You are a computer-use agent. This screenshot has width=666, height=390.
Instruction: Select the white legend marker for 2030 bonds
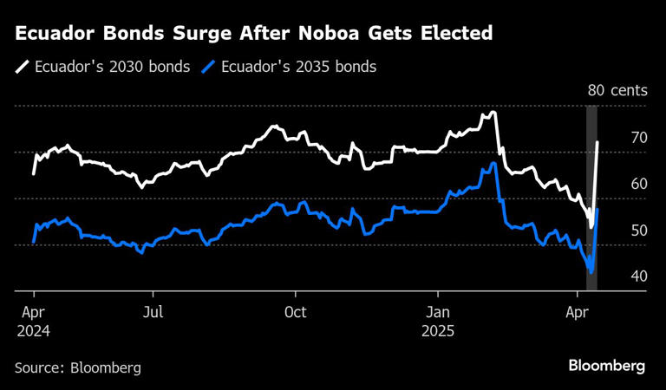21,67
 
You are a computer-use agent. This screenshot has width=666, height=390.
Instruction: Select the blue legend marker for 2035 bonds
208,67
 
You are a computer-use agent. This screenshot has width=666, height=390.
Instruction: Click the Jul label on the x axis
152,313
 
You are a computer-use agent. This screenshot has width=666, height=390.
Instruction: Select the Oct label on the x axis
296,313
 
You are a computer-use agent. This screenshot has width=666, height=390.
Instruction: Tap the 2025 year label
440,331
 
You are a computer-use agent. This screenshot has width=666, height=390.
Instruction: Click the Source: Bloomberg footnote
77,367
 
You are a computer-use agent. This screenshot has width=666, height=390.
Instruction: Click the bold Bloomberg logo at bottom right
606,366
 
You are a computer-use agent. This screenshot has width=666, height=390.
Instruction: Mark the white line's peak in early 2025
493,112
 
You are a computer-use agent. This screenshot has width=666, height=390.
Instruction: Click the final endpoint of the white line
598,141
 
